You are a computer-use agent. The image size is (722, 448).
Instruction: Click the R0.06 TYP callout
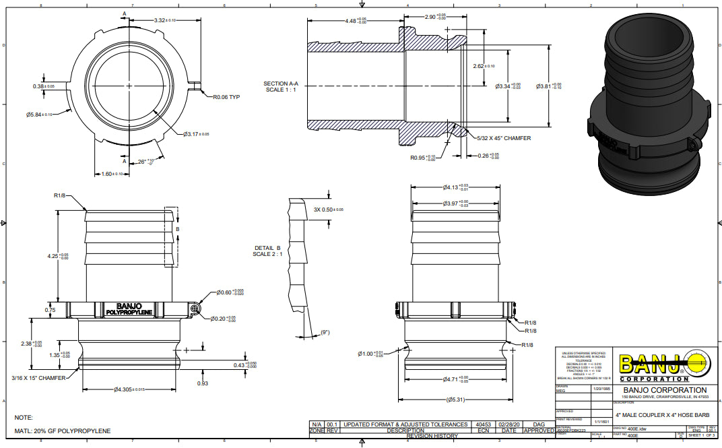pos(226,96)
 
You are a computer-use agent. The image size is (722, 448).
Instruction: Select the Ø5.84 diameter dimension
pos(41,115)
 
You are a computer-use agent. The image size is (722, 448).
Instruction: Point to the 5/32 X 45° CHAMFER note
pos(502,138)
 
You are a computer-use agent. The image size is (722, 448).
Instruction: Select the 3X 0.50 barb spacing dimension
pos(329,210)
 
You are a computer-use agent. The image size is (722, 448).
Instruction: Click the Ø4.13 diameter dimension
pos(455,187)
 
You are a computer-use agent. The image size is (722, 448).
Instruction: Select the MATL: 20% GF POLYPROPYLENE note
pos(63,430)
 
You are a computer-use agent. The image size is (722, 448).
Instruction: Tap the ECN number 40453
pos(483,424)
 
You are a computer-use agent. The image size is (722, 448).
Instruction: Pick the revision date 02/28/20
pos(509,424)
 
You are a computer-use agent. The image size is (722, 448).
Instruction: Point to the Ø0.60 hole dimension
pos(230,292)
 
